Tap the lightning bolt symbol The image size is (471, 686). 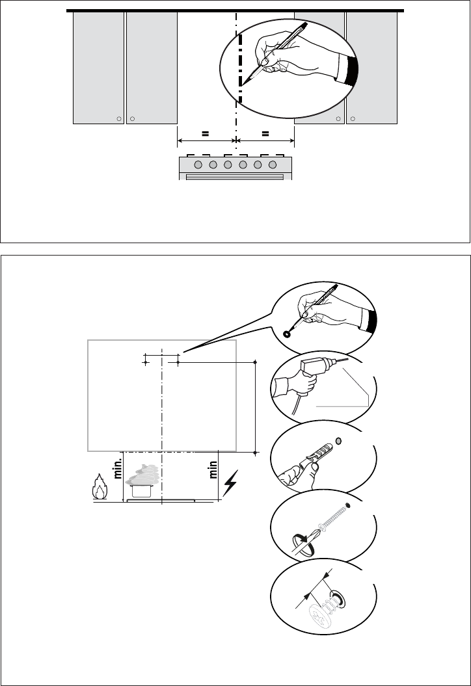230,483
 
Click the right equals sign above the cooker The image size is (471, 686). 265,134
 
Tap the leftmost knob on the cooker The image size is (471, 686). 198,165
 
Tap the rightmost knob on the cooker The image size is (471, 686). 273,165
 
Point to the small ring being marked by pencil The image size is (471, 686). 287,334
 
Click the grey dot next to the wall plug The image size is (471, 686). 338,441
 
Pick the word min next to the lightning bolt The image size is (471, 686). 213,469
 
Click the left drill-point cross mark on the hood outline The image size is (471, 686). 146,363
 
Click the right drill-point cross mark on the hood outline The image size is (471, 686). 178,363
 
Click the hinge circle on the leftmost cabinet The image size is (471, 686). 118,118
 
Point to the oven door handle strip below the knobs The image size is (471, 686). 235,176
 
